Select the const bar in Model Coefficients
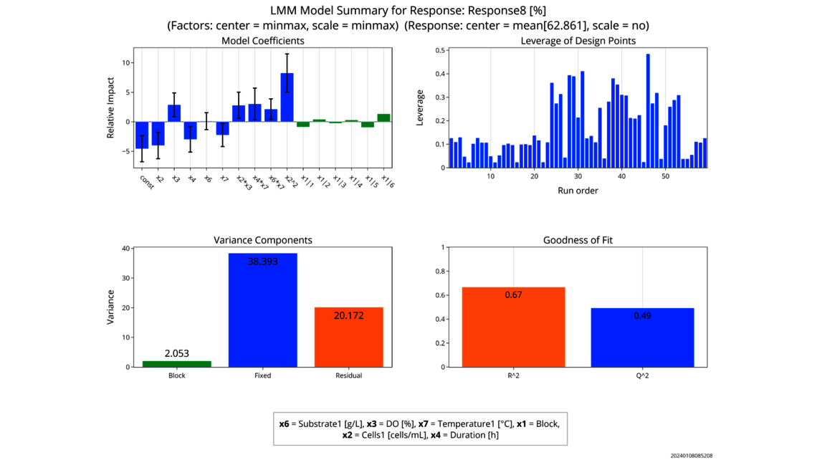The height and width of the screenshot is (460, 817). tap(142, 135)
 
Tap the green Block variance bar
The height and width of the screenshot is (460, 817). tap(177, 364)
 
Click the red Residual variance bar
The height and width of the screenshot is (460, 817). tap(348, 337)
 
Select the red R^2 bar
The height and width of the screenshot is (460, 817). tap(513, 327)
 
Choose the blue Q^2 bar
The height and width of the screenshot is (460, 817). tap(642, 337)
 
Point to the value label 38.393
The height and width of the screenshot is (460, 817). tap(262, 262)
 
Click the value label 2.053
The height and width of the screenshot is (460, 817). tap(177, 354)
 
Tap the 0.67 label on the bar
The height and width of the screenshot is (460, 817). tap(513, 294)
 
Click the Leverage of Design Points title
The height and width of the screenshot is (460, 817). tap(578, 41)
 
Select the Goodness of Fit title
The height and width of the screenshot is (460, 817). tap(578, 240)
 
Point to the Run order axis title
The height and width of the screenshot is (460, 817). tap(578, 191)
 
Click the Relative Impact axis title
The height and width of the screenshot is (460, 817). tap(111, 107)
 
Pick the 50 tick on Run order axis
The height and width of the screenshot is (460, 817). tap(665, 176)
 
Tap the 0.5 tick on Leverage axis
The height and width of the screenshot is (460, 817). tap(438, 50)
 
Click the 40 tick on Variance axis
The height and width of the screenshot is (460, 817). tap(126, 249)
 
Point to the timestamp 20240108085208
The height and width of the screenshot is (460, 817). tap(692, 456)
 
